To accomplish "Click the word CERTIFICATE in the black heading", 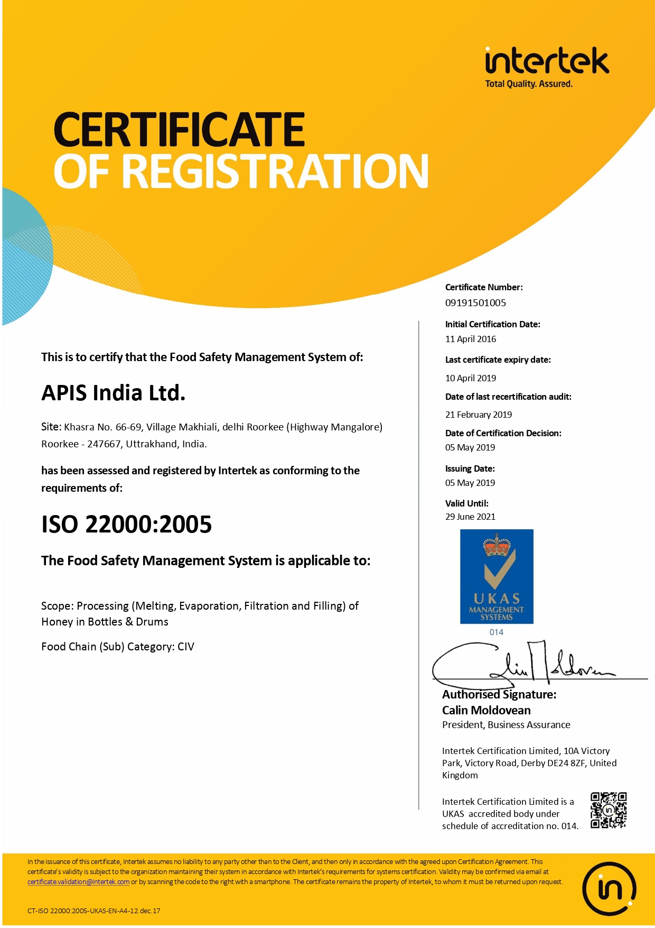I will [179, 130].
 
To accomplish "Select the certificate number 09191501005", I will [475, 303].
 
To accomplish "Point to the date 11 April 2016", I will [471, 339].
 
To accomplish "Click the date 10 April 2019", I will [471, 378].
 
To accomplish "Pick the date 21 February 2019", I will [479, 415].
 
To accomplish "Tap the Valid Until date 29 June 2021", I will [470, 517].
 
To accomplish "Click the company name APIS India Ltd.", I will [114, 393].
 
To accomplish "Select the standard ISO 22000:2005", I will [127, 525].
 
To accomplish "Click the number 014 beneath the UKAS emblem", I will [497, 632].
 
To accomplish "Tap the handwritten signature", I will [523, 664].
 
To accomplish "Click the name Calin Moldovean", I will [486, 710].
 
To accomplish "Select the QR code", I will [609, 810].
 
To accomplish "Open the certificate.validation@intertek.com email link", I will [78, 881].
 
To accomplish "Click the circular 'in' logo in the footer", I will [609, 888].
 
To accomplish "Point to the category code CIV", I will [186, 647].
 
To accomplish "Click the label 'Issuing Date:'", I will [470, 468].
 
